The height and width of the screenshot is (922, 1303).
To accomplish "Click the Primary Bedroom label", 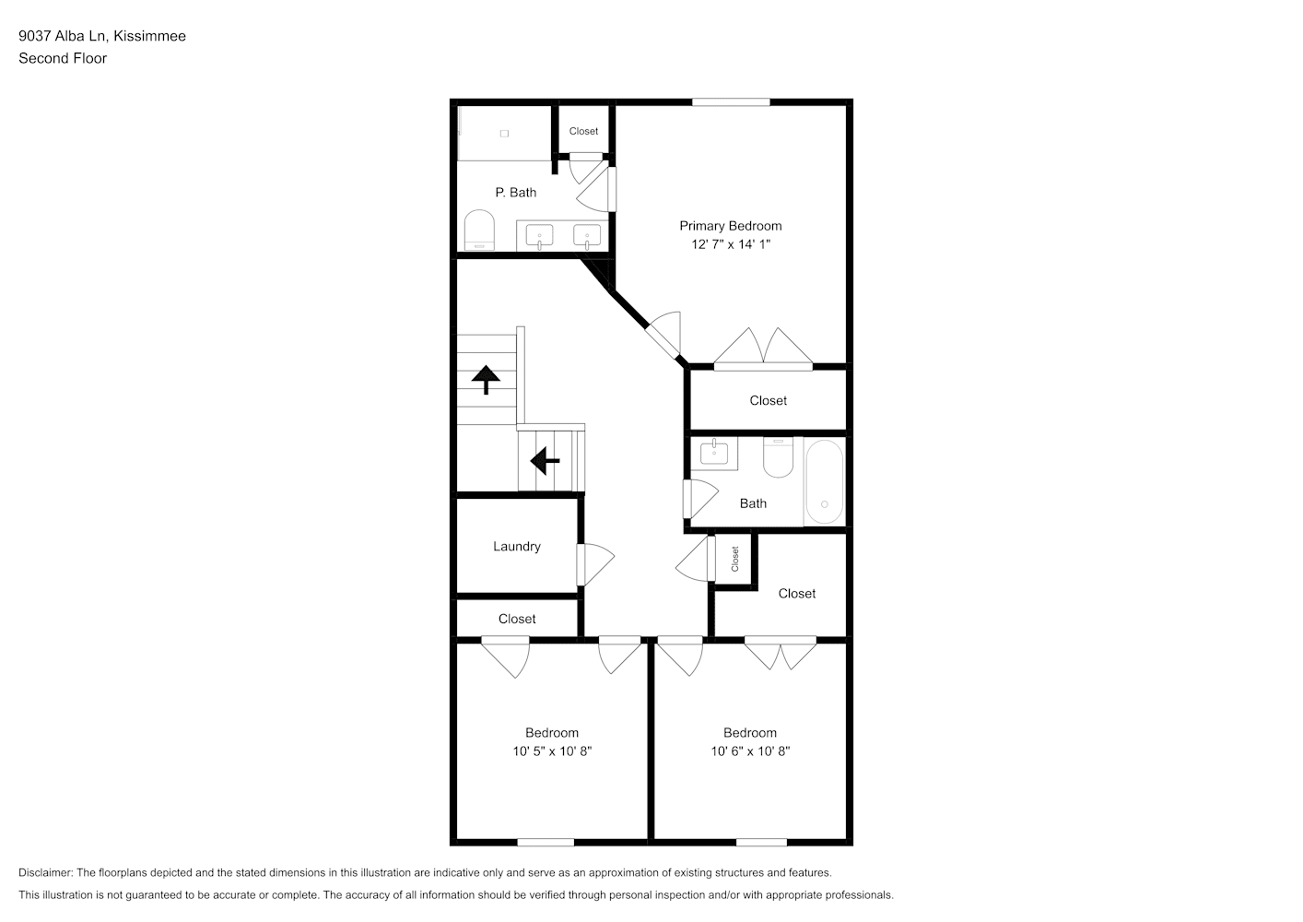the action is pyautogui.click(x=730, y=226).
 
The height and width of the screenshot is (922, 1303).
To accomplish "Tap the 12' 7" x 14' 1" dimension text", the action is pyautogui.click(x=731, y=244).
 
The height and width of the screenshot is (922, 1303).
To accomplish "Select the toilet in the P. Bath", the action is pyautogui.click(x=479, y=230).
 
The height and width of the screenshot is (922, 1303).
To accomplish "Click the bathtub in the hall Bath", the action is pyautogui.click(x=824, y=482).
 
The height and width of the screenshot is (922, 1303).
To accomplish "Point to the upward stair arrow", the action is pyautogui.click(x=486, y=380).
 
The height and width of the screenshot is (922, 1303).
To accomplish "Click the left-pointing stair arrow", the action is pyautogui.click(x=545, y=461).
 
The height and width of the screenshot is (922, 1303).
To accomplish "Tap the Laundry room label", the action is pyautogui.click(x=517, y=547).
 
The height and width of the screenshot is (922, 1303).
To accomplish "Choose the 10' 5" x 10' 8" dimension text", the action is pyautogui.click(x=552, y=751).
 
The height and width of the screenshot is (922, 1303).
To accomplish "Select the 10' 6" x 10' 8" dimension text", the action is pyautogui.click(x=750, y=751).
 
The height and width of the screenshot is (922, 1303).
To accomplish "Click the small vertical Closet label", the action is pyautogui.click(x=734, y=559).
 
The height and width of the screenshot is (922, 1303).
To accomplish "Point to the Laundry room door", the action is pyautogui.click(x=594, y=564).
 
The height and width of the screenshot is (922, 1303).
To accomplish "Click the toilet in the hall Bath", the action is pyautogui.click(x=778, y=457).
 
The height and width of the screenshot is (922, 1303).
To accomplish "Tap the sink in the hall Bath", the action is pyautogui.click(x=714, y=454).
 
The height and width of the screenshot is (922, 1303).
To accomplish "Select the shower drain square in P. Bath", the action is pyautogui.click(x=504, y=134).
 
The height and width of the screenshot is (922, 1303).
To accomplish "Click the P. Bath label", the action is pyautogui.click(x=515, y=193).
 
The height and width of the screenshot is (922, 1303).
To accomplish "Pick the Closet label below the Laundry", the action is pyautogui.click(x=517, y=619).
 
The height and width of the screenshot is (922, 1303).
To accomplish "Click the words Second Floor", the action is pyautogui.click(x=63, y=58).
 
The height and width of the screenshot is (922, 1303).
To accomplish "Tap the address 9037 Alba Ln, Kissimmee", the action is pyautogui.click(x=102, y=36).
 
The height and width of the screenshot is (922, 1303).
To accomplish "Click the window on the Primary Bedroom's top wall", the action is pyautogui.click(x=731, y=102).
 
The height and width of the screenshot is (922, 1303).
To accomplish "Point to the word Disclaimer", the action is pyautogui.click(x=46, y=872).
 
